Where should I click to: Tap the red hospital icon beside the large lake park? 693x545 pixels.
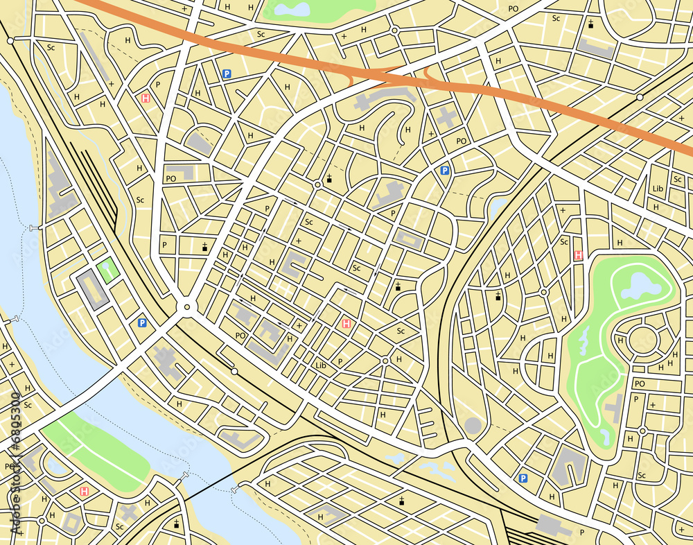[x=578, y=255]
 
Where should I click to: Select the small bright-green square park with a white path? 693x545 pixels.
[x=107, y=270]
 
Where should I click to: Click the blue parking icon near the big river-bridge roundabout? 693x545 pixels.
[x=142, y=322]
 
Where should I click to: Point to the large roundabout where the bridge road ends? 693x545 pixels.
[x=186, y=307]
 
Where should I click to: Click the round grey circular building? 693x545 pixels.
[x=472, y=425]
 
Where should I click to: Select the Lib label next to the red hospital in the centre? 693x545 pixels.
[x=320, y=365]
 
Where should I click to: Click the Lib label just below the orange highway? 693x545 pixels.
[x=658, y=189]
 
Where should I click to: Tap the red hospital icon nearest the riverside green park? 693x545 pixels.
[x=85, y=491]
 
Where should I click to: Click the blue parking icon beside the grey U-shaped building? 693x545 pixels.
[x=523, y=478]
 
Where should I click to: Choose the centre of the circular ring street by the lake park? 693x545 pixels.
[x=642, y=340]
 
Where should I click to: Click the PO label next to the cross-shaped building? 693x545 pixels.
[x=462, y=141]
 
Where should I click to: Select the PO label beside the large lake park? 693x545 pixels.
[x=640, y=383]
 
